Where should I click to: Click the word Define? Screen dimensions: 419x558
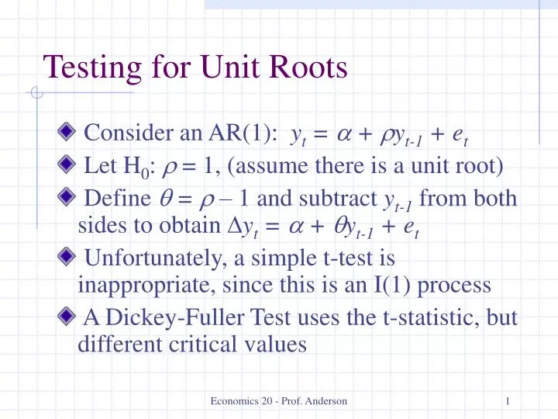click(115, 199)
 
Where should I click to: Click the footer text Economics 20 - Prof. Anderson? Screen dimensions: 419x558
click(279, 400)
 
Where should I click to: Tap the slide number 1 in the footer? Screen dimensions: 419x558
click(506, 400)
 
